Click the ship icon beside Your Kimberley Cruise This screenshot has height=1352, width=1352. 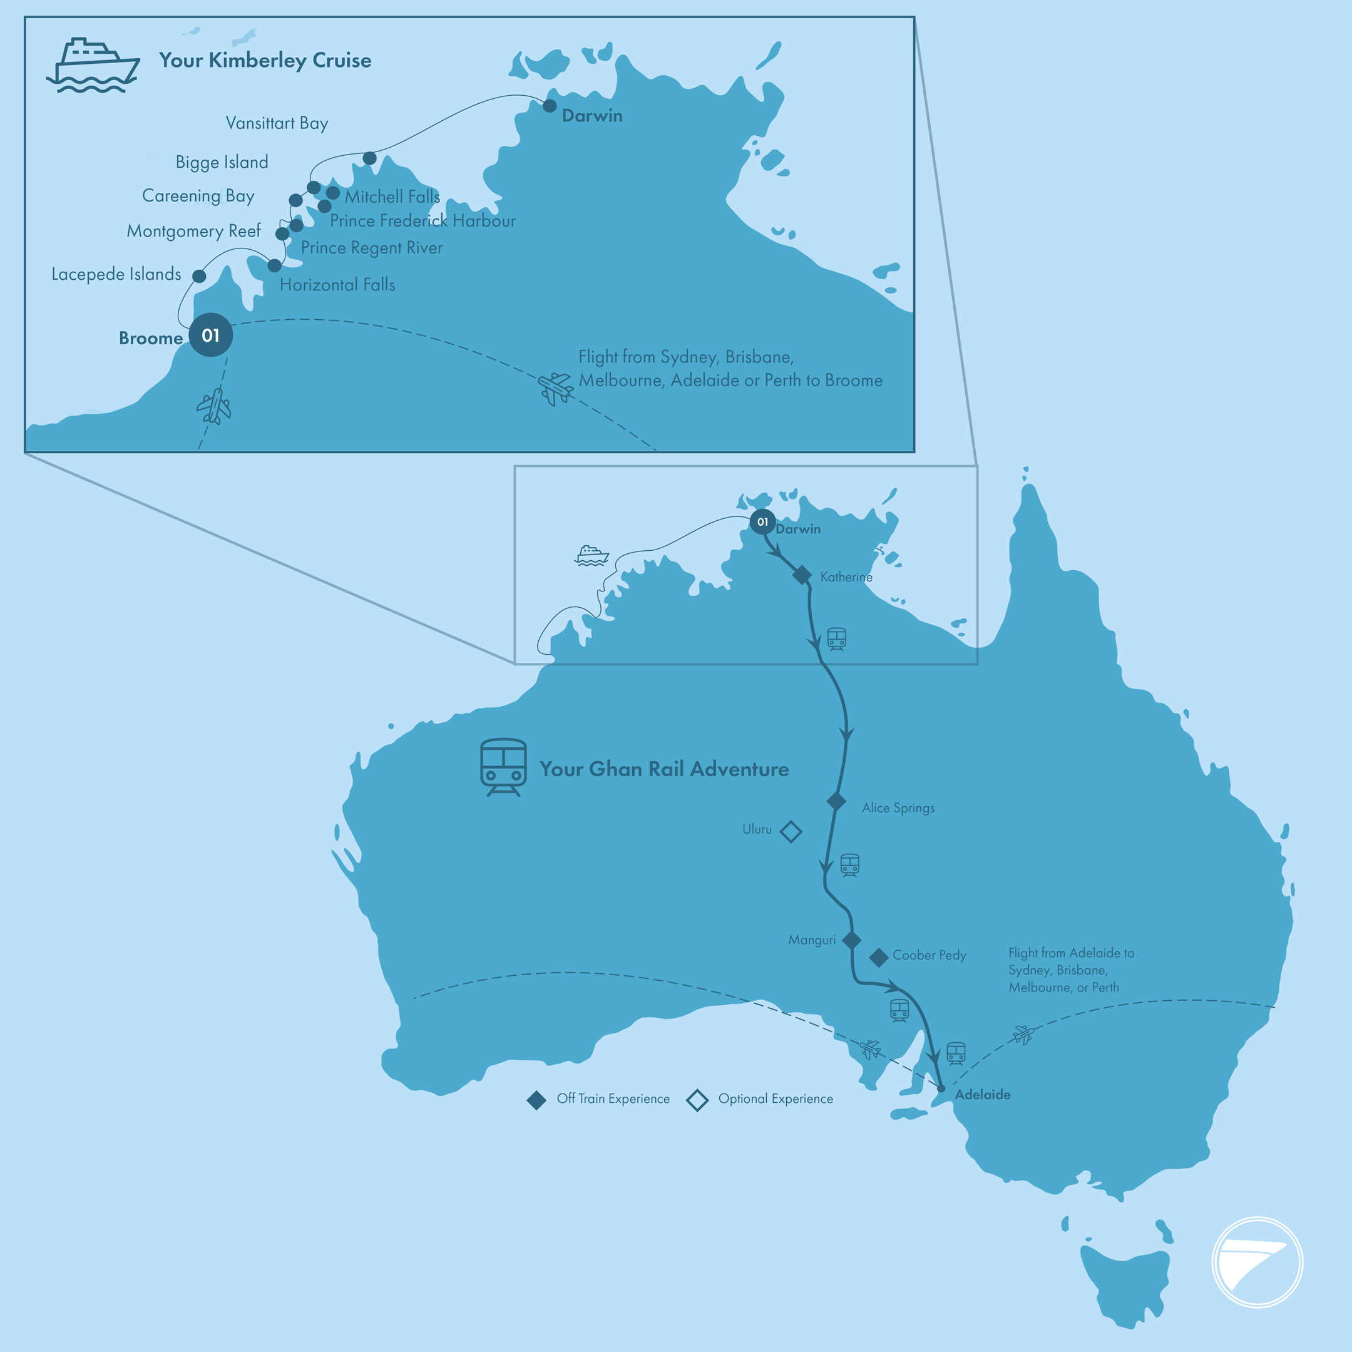pyautogui.click(x=93, y=65)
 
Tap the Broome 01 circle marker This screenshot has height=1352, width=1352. pyautogui.click(x=211, y=335)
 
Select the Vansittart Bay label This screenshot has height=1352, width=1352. pyautogui.click(x=277, y=123)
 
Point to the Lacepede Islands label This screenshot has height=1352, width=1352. pyautogui.click(x=116, y=274)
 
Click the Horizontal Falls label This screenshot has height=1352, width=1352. pyautogui.click(x=337, y=285)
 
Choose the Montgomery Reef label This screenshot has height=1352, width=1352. pyautogui.click(x=193, y=231)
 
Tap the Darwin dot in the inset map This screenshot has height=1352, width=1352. pyautogui.click(x=550, y=106)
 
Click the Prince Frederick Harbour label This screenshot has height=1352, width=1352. pyautogui.click(x=422, y=221)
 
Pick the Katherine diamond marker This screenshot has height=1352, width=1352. pyautogui.click(x=802, y=575)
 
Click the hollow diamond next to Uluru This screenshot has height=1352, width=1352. pyautogui.click(x=791, y=831)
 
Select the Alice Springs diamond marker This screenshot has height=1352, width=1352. pyautogui.click(x=836, y=801)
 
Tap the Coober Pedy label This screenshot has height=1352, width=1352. pyautogui.click(x=929, y=955)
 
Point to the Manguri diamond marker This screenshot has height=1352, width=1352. pyautogui.click(x=852, y=940)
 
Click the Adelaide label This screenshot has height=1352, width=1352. pyautogui.click(x=983, y=1095)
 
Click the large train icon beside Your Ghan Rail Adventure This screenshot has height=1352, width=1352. pyautogui.click(x=503, y=767)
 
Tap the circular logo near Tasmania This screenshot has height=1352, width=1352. pyautogui.click(x=1257, y=1262)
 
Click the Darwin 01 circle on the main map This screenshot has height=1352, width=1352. pyautogui.click(x=763, y=521)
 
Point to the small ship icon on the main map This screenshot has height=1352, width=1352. pyautogui.click(x=591, y=555)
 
